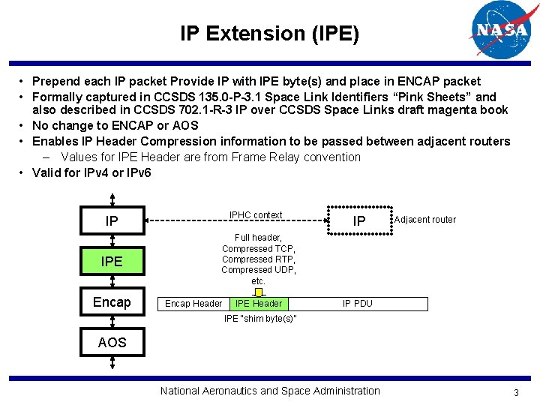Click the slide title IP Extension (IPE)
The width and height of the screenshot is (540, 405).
[x=269, y=34]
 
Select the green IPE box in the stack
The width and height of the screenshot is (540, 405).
[x=112, y=262]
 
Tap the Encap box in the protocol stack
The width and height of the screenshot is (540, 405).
[x=112, y=302]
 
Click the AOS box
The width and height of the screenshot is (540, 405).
[x=112, y=343]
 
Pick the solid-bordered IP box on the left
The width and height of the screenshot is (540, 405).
[x=112, y=221]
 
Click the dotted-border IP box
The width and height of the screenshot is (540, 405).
[x=359, y=220]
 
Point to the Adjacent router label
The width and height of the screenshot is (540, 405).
[x=424, y=220]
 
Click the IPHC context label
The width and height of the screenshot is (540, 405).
[x=256, y=215]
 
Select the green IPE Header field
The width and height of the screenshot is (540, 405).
[x=258, y=304]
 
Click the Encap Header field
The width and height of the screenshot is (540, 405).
[x=193, y=304]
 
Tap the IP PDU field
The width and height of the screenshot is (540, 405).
[x=357, y=304]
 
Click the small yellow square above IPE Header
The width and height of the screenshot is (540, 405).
[x=259, y=292]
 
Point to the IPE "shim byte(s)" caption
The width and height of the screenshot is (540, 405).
[x=260, y=319]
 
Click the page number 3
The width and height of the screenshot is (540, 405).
[x=516, y=393]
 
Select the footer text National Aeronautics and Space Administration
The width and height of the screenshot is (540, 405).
[x=270, y=391]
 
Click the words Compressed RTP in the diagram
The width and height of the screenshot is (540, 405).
[x=259, y=259]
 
